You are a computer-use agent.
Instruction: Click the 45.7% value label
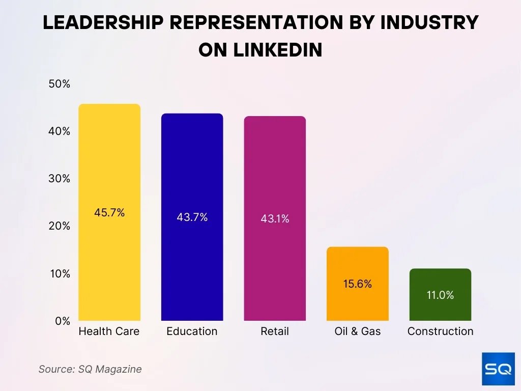pyautogui.click(x=109, y=213)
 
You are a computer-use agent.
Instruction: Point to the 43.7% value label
pyautogui.click(x=192, y=217)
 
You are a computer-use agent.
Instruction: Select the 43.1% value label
pyautogui.click(x=275, y=219)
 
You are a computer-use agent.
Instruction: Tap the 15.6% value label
pyautogui.click(x=357, y=284)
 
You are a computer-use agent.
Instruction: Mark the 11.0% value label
pyautogui.click(x=440, y=295)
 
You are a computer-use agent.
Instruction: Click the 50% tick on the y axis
pyautogui.click(x=60, y=84)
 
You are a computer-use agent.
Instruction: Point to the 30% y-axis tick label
pyautogui.click(x=60, y=179)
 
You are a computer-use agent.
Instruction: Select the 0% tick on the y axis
pyautogui.click(x=63, y=321)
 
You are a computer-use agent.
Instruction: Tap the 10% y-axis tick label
pyautogui.click(x=60, y=273)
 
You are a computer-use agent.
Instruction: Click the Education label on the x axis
pyautogui.click(x=192, y=331)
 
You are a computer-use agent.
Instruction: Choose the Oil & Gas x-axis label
pyautogui.click(x=357, y=331)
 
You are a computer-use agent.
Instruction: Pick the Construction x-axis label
pyautogui.click(x=440, y=331)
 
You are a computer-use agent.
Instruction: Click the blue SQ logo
pyautogui.click(x=497, y=369)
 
